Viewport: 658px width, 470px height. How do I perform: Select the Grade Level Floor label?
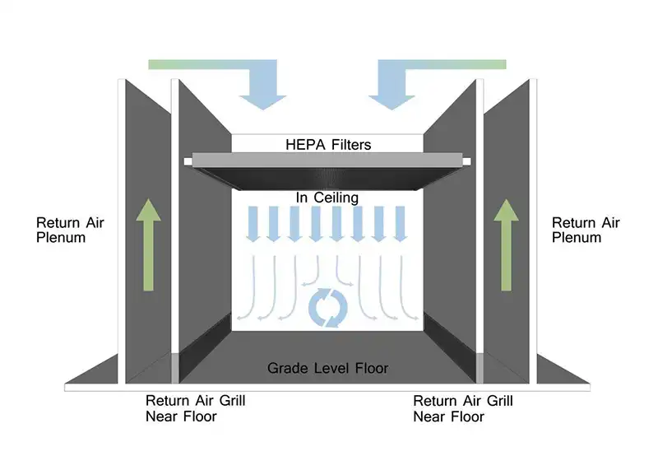pos(328,368)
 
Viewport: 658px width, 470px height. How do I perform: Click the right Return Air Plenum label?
pos(586,230)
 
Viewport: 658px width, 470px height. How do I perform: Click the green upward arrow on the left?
pos(149,246)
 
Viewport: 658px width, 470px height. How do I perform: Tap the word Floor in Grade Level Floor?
pos(370,368)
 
